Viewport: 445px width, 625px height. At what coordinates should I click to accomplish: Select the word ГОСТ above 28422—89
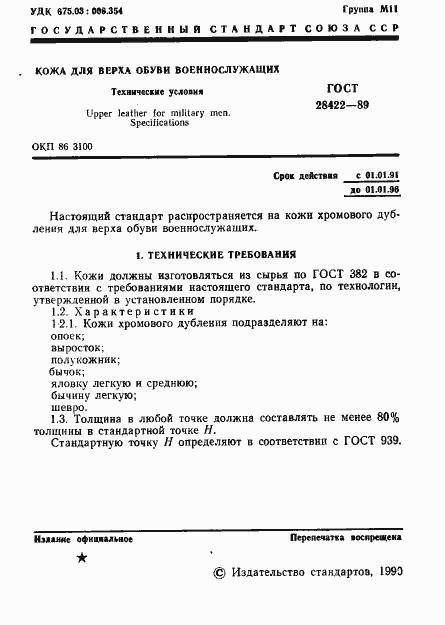coord(342,88)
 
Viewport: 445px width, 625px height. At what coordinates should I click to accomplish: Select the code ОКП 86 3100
coord(62,147)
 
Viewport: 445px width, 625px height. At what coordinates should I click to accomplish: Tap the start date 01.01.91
coord(375,175)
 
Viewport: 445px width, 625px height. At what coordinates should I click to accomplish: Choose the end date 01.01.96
coord(375,188)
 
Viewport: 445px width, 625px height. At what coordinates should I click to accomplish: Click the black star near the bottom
coord(81,558)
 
